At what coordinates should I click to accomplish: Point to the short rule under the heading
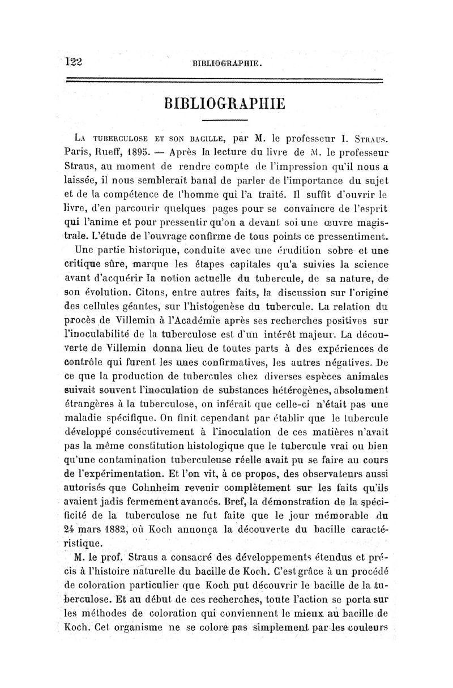(x=225, y=121)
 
